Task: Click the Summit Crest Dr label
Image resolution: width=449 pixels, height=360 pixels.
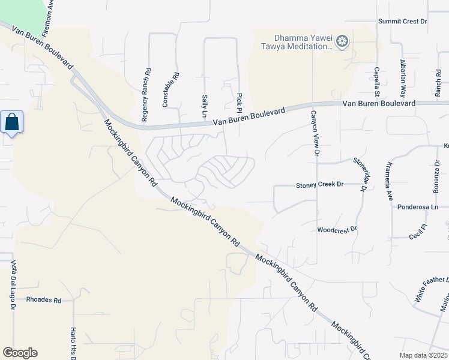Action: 402,22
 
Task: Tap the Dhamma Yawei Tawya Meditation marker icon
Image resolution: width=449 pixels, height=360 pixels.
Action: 343,41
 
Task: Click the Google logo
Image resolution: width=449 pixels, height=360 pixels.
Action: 20,353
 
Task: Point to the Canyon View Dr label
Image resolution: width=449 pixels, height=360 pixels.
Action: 313,133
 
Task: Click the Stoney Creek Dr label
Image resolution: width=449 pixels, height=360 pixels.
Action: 319,185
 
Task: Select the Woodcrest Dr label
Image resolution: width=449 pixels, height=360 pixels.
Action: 337,230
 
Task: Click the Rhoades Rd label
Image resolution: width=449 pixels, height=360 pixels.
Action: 44,300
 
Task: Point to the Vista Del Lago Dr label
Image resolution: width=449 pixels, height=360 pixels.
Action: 13,285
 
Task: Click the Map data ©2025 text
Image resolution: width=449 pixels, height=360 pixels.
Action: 423,355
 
